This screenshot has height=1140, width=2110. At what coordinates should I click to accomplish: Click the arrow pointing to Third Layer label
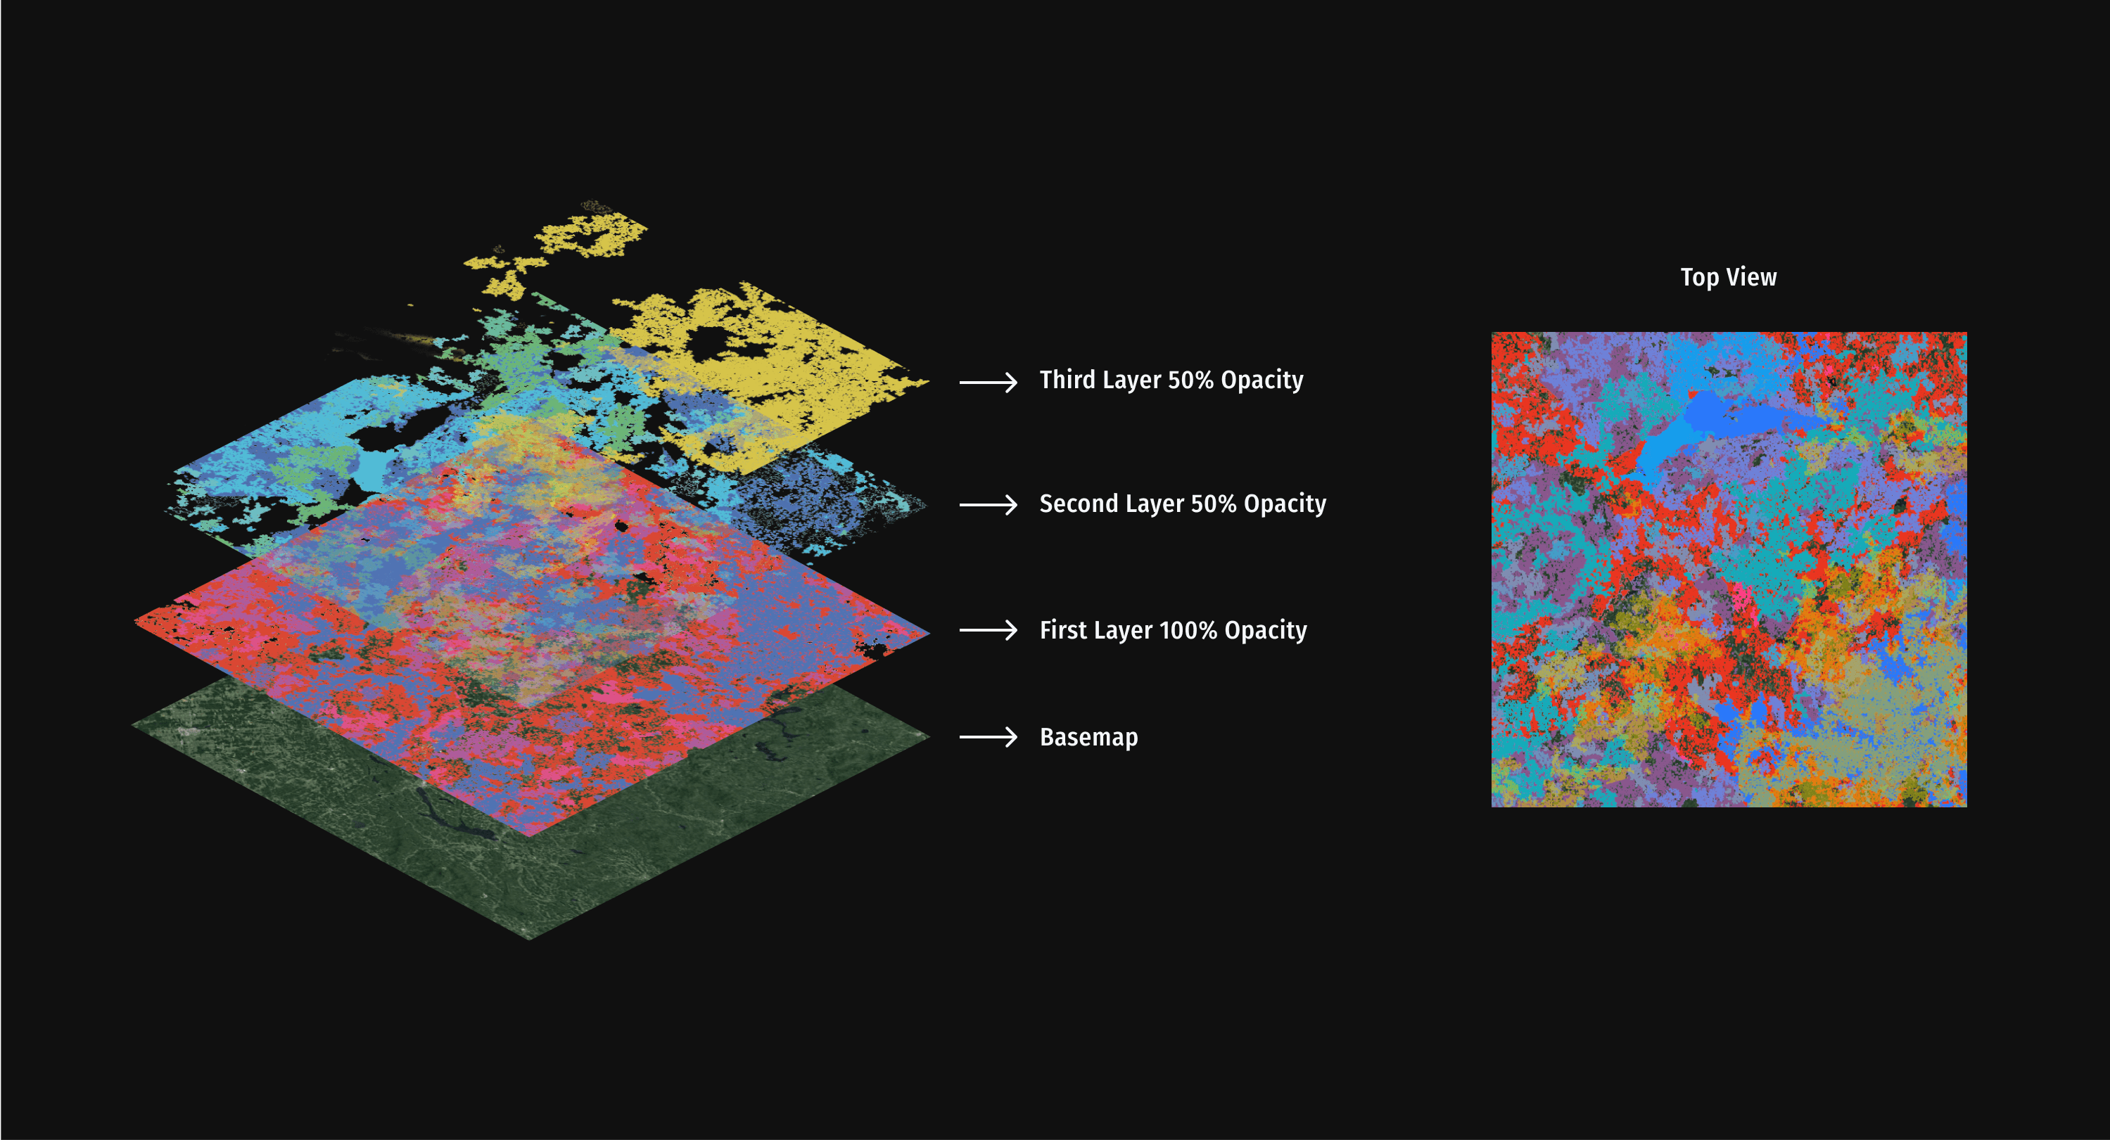pos(988,382)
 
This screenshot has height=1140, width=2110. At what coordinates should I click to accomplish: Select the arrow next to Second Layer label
pos(988,504)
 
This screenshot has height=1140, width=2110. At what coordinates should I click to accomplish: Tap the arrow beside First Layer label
pos(988,630)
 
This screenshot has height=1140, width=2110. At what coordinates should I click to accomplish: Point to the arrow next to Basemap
pos(988,737)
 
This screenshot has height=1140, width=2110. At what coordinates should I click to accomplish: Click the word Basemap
pos(1088,737)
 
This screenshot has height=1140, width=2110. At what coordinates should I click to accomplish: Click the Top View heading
pos(1728,278)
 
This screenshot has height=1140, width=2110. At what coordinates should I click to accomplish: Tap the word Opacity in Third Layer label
pos(1261,380)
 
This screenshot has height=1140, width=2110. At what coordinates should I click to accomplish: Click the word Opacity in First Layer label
pos(1266,630)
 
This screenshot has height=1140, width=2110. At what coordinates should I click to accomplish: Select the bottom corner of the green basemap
pos(530,937)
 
